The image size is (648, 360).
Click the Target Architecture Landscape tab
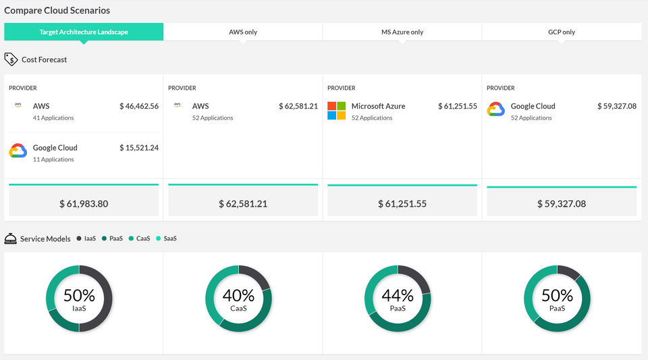click(84, 32)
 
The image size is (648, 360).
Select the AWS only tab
click(243, 32)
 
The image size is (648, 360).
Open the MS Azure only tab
click(402, 32)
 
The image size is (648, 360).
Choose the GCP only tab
click(561, 32)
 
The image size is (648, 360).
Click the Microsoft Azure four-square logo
click(336, 111)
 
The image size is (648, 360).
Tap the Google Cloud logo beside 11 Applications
click(18, 151)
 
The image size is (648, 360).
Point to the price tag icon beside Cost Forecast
click(11, 59)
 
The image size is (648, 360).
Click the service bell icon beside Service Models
click(10, 238)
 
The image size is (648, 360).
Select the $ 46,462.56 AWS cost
click(139, 106)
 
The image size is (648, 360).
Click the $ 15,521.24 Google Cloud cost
click(139, 147)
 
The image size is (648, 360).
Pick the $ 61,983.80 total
click(84, 204)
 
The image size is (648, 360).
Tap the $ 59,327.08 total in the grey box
click(562, 204)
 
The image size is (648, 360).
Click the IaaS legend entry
click(86, 238)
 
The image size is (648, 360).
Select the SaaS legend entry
click(166, 238)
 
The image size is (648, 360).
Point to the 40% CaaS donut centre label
click(238, 299)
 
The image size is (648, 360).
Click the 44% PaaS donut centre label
click(398, 299)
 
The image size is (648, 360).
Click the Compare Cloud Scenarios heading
click(57, 10)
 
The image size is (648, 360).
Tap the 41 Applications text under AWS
click(53, 118)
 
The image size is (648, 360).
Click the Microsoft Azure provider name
click(378, 106)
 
